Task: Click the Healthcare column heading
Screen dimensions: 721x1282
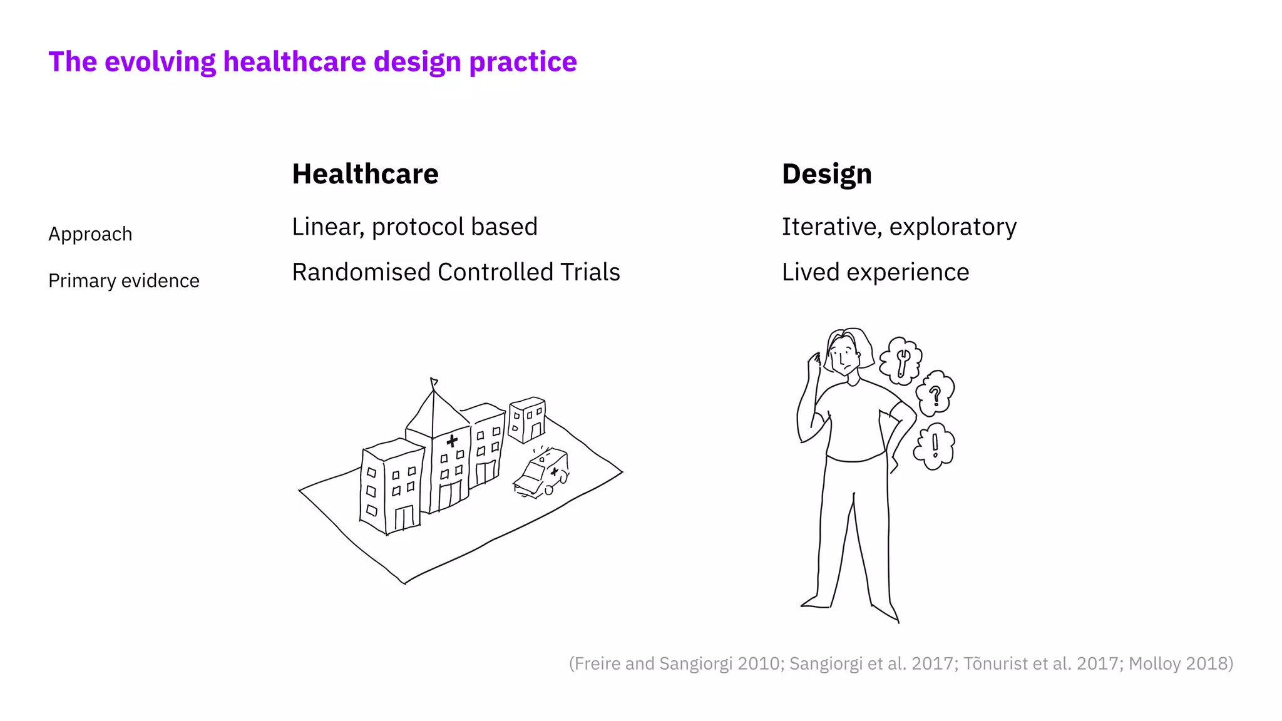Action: [x=365, y=174]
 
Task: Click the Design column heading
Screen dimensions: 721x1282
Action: [x=826, y=174]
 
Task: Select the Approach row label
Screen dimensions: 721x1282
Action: [x=90, y=234]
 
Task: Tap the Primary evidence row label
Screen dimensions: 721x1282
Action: [x=124, y=281]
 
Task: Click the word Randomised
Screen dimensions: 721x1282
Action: [x=361, y=272]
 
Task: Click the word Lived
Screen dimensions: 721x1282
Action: [x=811, y=272]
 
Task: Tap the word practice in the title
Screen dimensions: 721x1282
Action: [x=523, y=62]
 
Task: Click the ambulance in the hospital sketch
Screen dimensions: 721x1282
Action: [x=542, y=474]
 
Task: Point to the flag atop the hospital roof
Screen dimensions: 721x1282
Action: [x=434, y=382]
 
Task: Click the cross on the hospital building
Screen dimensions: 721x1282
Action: [x=452, y=441]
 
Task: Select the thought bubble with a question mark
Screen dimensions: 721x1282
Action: [x=935, y=394]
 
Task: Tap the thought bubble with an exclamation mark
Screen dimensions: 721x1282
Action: [x=935, y=446]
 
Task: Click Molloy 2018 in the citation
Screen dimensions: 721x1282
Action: [x=1180, y=663]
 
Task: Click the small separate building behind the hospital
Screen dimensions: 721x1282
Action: [x=527, y=419]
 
